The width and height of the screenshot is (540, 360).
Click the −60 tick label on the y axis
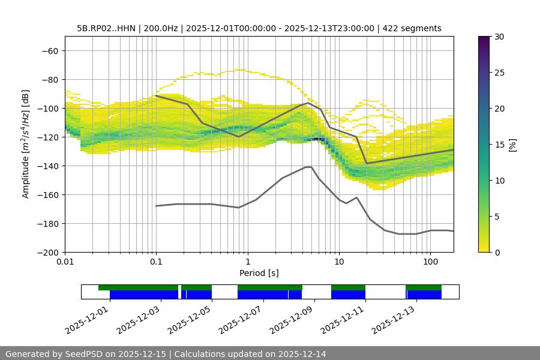(49, 50)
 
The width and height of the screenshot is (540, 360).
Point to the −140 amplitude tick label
(46, 166)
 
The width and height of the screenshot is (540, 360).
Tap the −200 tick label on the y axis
(46, 252)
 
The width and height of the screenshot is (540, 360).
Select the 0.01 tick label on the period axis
(65, 262)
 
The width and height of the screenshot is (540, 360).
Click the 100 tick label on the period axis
(430, 262)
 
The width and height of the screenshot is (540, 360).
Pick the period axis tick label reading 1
(247, 262)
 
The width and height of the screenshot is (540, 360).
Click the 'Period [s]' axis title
(259, 273)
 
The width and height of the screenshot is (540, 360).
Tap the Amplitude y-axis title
(26, 144)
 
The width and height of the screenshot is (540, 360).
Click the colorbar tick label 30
(499, 37)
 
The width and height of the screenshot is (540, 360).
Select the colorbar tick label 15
(499, 145)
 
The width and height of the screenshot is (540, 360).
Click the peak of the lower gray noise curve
(308, 167)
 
